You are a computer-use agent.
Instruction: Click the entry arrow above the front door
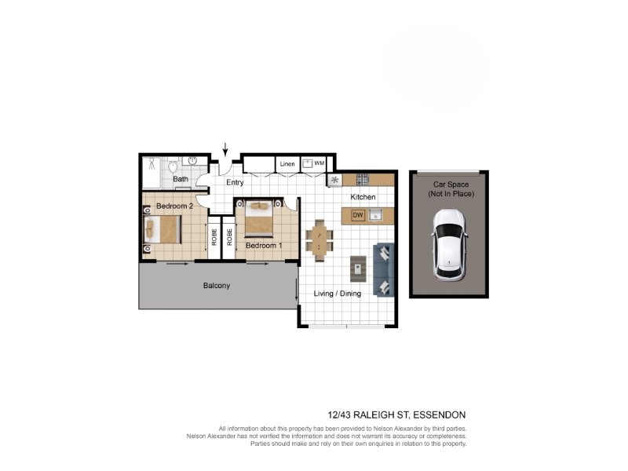click(225, 149)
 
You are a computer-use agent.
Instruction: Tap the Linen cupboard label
click(287, 164)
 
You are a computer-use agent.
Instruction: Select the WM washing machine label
click(319, 163)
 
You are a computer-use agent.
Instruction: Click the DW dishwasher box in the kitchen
click(358, 215)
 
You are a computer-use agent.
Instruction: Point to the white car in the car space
click(449, 244)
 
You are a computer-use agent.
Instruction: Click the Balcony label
click(217, 286)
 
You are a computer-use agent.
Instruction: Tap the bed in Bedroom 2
click(162, 229)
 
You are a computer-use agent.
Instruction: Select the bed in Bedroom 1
click(259, 219)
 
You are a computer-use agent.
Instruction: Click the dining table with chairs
click(319, 240)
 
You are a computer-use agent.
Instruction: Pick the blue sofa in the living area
click(383, 269)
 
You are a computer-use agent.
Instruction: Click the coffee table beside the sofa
click(358, 268)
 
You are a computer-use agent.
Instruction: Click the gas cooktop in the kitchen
click(363, 179)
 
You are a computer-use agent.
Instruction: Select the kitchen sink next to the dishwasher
click(375, 215)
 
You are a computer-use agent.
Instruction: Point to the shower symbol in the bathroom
click(152, 163)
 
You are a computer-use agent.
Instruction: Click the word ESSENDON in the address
click(440, 415)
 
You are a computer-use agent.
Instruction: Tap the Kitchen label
click(363, 197)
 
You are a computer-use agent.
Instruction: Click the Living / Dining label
click(338, 294)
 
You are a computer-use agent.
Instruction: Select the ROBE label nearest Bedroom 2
click(214, 237)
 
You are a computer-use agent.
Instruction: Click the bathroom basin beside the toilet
click(192, 161)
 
